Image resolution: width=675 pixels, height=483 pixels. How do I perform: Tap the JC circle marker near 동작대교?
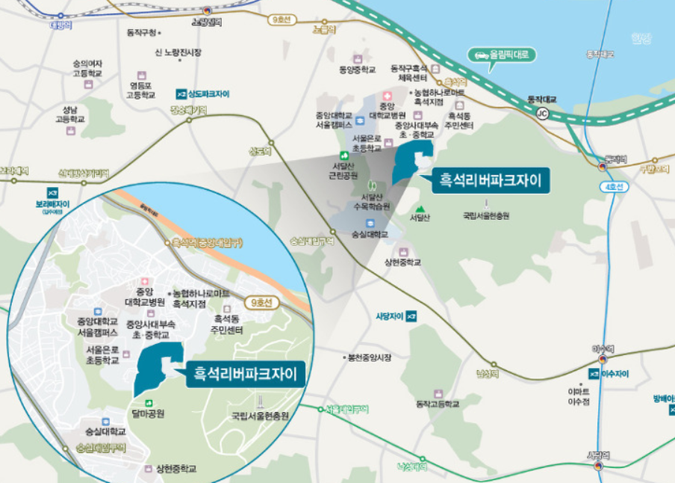[x=542, y=113]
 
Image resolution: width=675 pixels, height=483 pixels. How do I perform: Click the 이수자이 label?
[x=614, y=373]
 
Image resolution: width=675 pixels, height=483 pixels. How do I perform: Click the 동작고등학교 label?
[x=438, y=404]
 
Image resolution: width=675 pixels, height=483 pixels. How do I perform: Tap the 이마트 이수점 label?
[x=579, y=396]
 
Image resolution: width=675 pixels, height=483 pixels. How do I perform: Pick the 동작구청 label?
[x=142, y=33]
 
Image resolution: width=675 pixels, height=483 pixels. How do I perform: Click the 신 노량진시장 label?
[x=178, y=52]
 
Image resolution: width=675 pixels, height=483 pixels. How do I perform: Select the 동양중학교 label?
[x=355, y=70]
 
